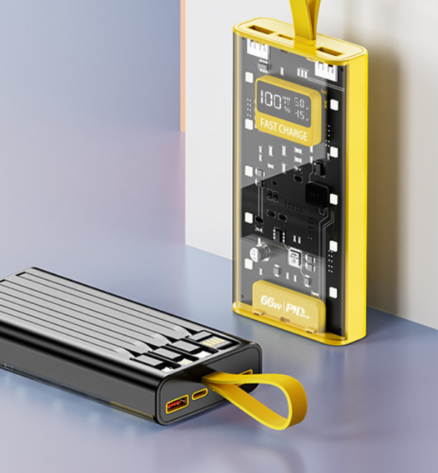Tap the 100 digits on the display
coord(274,103)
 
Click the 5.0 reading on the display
coord(301,101)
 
